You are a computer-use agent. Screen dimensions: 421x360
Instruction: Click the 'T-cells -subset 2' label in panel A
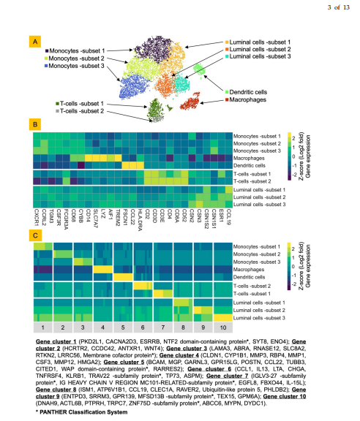tap(82, 110)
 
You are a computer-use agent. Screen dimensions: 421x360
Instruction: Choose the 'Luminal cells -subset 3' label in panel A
tap(269, 56)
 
